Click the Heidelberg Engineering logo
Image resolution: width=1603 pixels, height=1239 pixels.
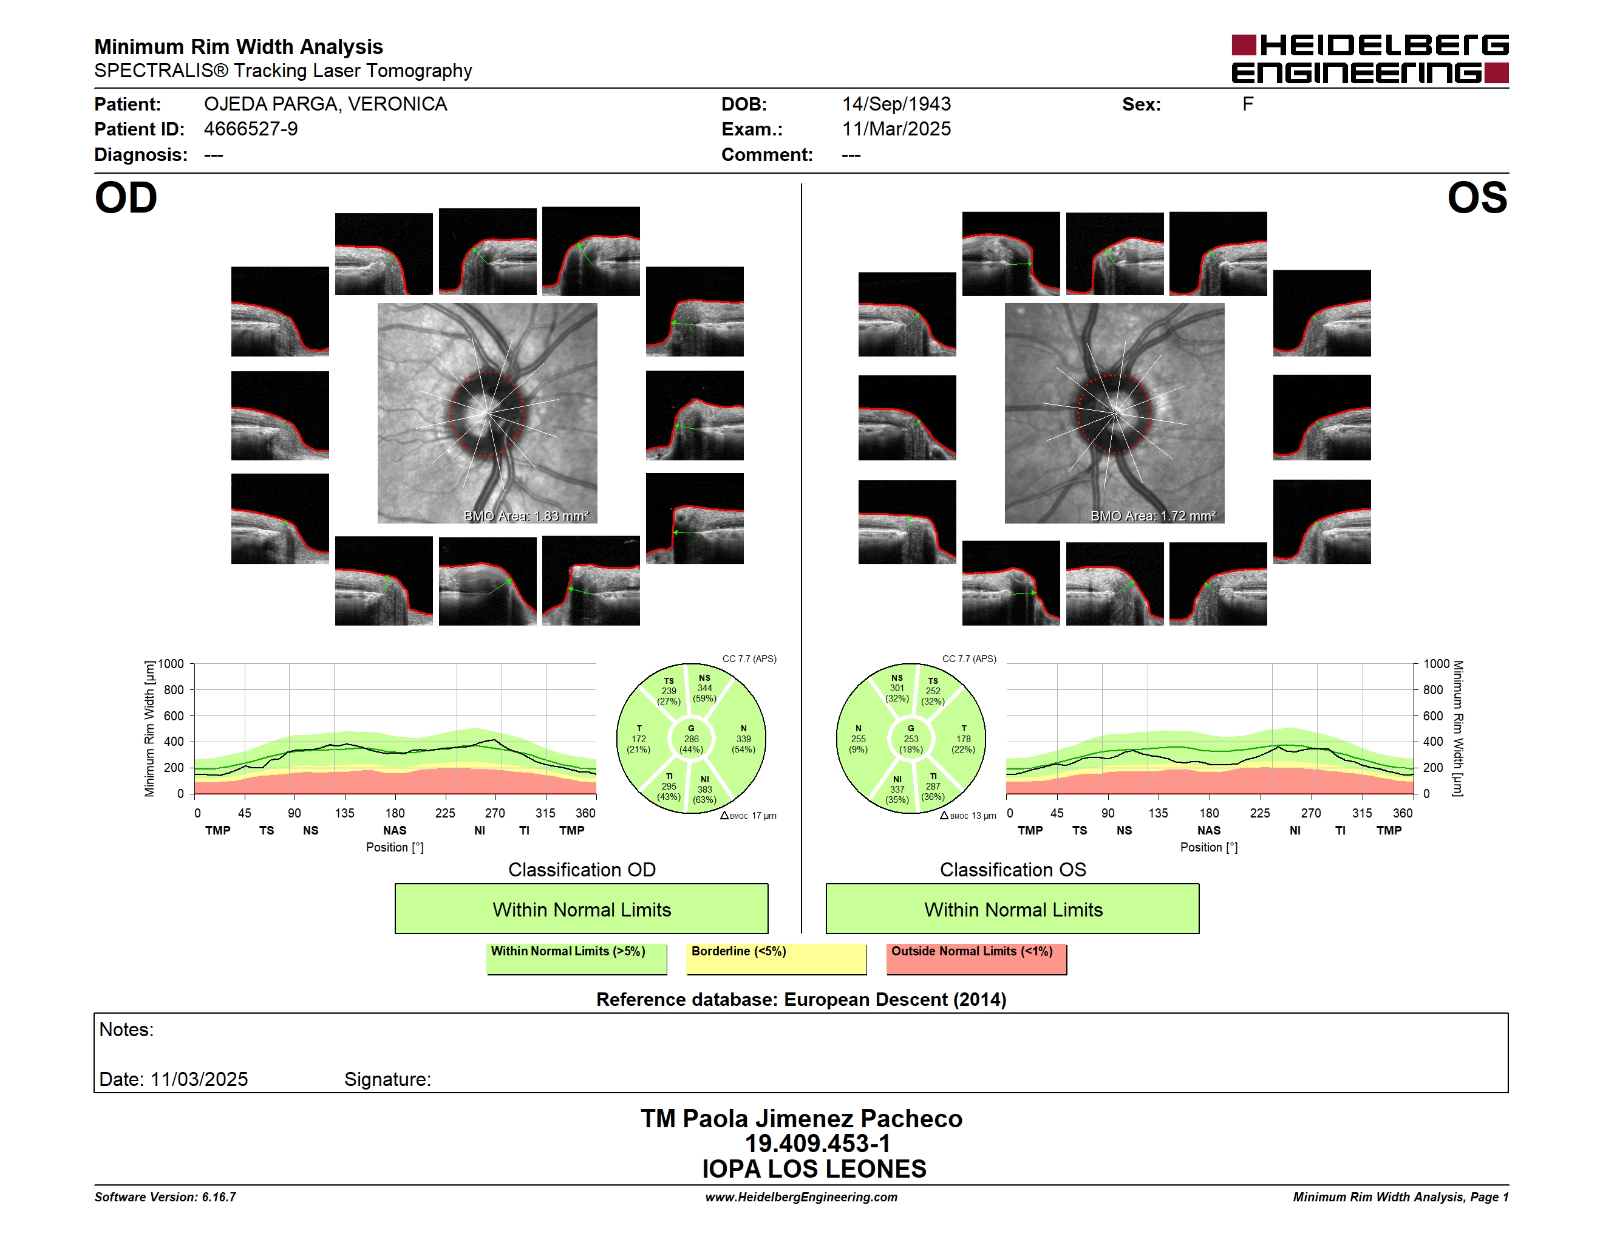pyautogui.click(x=1370, y=59)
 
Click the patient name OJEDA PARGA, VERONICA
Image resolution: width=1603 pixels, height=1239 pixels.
pyautogui.click(x=325, y=104)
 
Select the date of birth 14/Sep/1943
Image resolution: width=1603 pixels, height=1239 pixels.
pyautogui.click(x=896, y=104)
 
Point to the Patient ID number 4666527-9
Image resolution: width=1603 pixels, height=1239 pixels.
pyautogui.click(x=251, y=129)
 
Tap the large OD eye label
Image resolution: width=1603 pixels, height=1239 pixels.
pyautogui.click(x=126, y=198)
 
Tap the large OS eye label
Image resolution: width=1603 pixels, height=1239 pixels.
pyautogui.click(x=1477, y=198)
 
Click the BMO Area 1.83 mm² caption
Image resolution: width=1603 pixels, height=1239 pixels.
pyautogui.click(x=526, y=516)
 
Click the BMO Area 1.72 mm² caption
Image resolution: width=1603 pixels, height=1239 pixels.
pyautogui.click(x=1153, y=516)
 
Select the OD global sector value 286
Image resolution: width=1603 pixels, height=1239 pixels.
pyautogui.click(x=692, y=739)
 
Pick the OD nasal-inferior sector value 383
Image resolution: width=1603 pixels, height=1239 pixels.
pyautogui.click(x=704, y=790)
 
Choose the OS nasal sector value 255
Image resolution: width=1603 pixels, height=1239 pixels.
pyautogui.click(x=858, y=739)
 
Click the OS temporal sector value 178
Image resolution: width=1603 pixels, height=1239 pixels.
pyautogui.click(x=964, y=739)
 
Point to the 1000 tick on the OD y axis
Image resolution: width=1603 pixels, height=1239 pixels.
pyautogui.click(x=171, y=664)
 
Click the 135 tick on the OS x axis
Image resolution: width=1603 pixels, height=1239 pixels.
pyautogui.click(x=1158, y=813)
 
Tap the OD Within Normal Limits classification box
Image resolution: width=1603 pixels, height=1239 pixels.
pyautogui.click(x=581, y=909)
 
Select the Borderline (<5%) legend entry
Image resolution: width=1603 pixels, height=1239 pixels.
pyautogui.click(x=777, y=958)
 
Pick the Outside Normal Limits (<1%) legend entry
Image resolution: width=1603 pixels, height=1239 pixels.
pyautogui.click(x=976, y=958)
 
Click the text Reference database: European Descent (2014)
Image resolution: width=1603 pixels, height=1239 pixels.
pyautogui.click(x=801, y=1000)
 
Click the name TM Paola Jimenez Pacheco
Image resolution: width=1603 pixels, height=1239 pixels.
pyautogui.click(x=801, y=1119)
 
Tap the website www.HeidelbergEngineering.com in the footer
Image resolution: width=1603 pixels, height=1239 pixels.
pyautogui.click(x=801, y=1197)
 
